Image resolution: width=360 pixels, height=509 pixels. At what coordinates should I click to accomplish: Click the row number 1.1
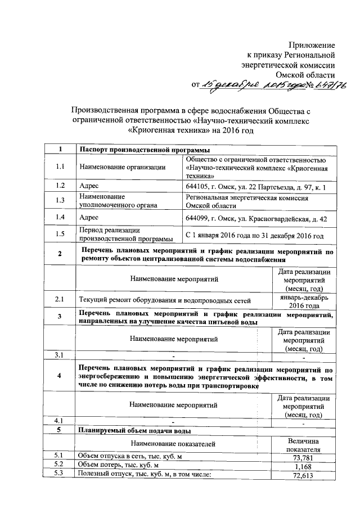coord(60,167)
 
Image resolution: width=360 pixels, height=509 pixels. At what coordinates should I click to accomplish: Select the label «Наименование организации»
coord(123,167)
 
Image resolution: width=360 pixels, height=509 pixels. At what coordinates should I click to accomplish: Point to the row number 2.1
coord(60,300)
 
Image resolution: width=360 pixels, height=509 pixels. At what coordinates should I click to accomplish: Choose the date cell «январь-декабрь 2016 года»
coord(303,300)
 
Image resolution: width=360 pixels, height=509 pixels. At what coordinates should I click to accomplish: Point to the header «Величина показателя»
coord(303,445)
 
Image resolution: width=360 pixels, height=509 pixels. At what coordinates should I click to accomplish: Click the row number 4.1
coord(60,421)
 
